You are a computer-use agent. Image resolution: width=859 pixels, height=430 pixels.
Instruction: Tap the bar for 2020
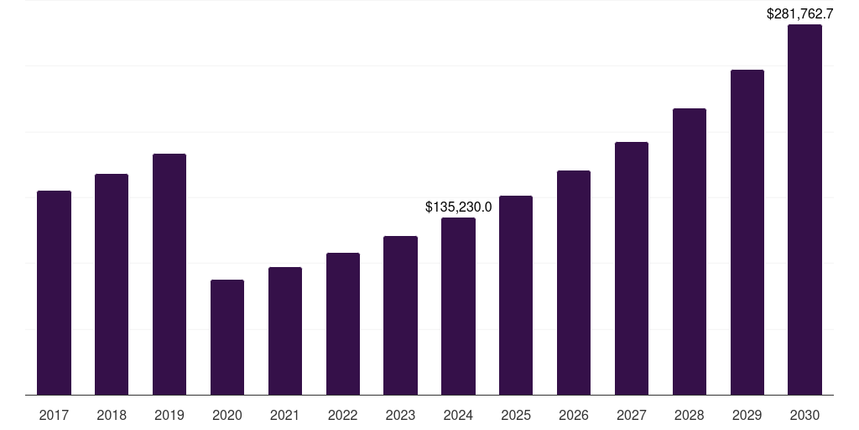(227, 337)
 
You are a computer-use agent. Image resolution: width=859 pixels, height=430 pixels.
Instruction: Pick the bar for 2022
(343, 323)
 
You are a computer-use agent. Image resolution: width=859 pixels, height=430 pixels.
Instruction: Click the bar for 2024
(458, 306)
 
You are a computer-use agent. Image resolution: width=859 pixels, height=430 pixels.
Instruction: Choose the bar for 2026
(574, 282)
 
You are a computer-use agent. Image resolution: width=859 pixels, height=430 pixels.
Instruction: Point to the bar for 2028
(690, 251)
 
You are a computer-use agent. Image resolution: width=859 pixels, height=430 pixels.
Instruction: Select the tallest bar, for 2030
(804, 209)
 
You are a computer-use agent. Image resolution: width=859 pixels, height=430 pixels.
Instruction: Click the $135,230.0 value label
(458, 207)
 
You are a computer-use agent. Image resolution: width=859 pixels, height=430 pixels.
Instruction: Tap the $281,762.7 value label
(800, 13)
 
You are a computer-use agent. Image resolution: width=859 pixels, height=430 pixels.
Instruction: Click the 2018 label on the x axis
(112, 415)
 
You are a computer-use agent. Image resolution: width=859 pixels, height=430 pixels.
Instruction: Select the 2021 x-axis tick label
(285, 415)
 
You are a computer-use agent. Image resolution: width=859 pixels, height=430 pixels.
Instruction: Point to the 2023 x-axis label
(400, 415)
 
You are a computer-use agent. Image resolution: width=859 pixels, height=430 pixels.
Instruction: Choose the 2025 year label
(516, 415)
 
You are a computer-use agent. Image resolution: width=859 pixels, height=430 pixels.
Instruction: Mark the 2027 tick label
(632, 415)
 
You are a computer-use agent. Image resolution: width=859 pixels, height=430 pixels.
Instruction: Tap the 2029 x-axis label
(747, 415)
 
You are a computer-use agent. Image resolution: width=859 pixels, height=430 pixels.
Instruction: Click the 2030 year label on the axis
(804, 415)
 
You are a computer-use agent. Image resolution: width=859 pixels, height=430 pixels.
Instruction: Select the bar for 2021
(285, 331)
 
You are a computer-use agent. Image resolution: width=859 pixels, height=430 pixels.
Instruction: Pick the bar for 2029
(747, 232)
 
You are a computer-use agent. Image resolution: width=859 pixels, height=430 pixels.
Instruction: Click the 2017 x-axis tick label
(54, 415)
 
